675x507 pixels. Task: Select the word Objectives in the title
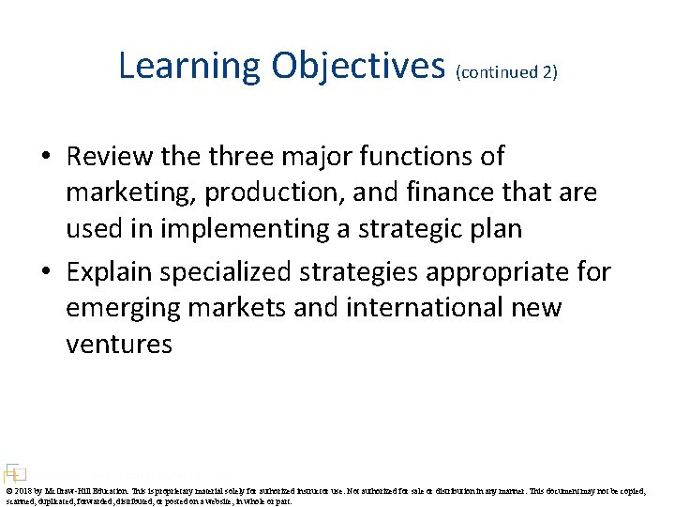click(358, 66)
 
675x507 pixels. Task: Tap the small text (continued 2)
click(506, 72)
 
